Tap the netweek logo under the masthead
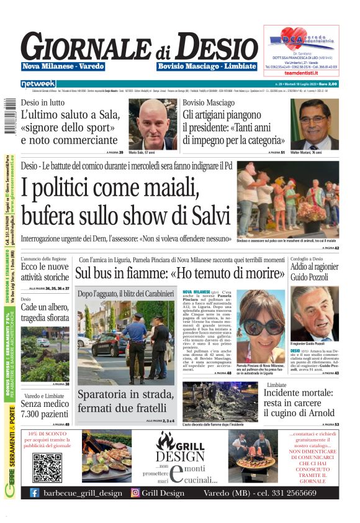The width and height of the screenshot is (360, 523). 38,83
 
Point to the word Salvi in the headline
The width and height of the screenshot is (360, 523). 199,215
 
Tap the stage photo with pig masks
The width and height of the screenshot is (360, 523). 297,199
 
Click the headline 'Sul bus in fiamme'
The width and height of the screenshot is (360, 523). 178,273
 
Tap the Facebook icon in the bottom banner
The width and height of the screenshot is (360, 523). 35,493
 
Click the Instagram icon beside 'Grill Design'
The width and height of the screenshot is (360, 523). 135,493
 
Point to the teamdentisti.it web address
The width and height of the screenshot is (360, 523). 301,72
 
